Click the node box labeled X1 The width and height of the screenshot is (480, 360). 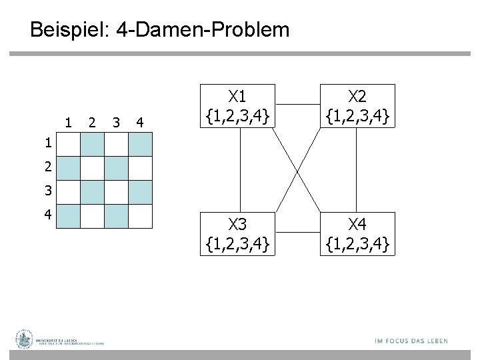[238, 105]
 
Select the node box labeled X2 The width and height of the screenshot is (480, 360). [357, 105]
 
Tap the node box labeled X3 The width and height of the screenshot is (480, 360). [238, 234]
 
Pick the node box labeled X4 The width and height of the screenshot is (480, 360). [357, 234]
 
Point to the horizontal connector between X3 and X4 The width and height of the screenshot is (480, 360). [297, 234]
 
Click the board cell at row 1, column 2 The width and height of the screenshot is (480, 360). [92, 144]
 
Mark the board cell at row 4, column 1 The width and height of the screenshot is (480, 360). [68, 216]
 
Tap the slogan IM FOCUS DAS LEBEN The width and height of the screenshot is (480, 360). [411, 341]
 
